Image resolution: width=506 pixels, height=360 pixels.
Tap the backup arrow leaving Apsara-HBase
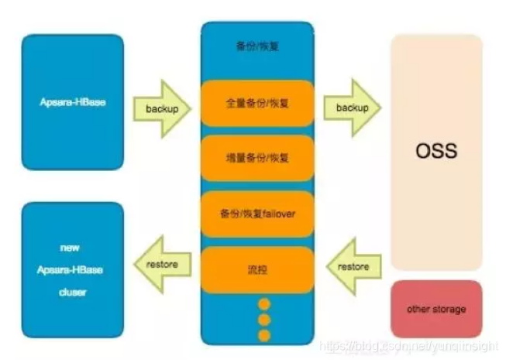pyautogui.click(x=161, y=108)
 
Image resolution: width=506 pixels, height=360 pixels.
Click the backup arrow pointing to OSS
pyautogui.click(x=353, y=108)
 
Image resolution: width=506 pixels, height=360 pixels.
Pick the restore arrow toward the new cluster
pyautogui.click(x=161, y=265)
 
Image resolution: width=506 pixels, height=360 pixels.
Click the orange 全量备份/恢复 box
pyautogui.click(x=257, y=103)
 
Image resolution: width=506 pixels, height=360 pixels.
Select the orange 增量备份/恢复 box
pyautogui.click(x=257, y=158)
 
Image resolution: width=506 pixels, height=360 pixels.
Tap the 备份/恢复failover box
pyautogui.click(x=257, y=213)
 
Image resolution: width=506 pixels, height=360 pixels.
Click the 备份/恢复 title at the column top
pyautogui.click(x=257, y=46)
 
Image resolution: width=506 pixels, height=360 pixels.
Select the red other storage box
pyautogui.click(x=436, y=309)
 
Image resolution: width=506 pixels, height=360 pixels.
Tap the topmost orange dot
pyautogui.click(x=264, y=303)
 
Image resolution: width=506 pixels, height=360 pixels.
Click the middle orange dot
pyautogui.click(x=264, y=319)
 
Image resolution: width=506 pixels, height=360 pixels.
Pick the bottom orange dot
pyautogui.click(x=264, y=334)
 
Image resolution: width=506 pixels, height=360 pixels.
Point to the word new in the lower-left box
pyautogui.click(x=74, y=248)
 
